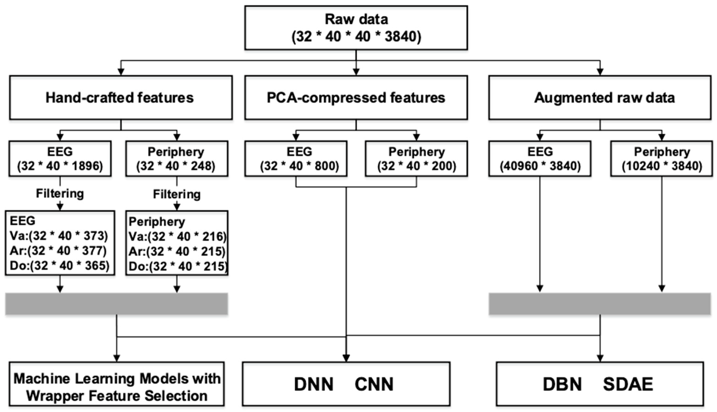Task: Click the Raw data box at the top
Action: point(356,28)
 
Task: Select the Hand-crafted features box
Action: point(121,97)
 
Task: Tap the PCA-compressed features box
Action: point(356,97)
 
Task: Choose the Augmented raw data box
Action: point(600,97)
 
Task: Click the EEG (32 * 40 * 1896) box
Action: point(60,159)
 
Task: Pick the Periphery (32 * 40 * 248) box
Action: point(177,159)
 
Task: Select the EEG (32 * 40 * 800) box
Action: point(296,159)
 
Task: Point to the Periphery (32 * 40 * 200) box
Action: point(416,159)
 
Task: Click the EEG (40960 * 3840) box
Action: point(540,159)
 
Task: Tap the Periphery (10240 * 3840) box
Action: point(662,159)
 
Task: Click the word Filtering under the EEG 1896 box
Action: point(60,193)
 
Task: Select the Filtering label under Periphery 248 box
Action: point(177,194)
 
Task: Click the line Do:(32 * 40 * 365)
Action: point(60,265)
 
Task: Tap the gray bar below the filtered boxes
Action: point(116,304)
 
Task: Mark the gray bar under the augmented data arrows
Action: point(600,304)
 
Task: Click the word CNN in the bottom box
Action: point(374,384)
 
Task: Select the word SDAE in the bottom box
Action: point(628,384)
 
